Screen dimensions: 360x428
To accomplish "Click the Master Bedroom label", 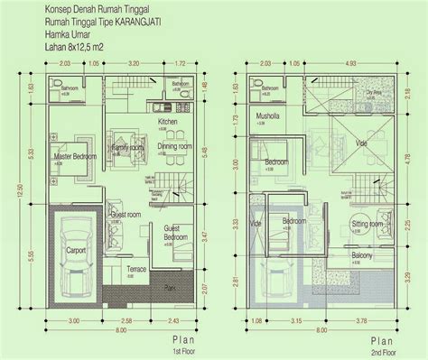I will (75, 155).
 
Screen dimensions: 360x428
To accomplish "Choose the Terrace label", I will (137, 269).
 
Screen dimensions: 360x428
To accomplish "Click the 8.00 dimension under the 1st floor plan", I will (119, 330).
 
